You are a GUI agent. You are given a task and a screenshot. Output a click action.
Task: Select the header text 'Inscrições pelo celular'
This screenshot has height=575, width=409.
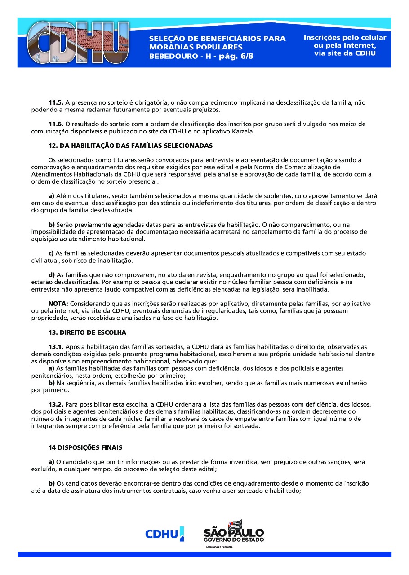coord(345,38)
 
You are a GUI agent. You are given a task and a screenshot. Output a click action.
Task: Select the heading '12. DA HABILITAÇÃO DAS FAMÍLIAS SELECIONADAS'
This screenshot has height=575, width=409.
coord(130,146)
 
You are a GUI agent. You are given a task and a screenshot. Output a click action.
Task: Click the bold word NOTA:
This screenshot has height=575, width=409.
coord(58,304)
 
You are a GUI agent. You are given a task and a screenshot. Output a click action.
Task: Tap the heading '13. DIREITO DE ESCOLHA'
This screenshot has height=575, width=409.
coord(87,333)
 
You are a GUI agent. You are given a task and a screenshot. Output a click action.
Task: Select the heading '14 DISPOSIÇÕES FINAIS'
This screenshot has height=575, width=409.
coord(85,448)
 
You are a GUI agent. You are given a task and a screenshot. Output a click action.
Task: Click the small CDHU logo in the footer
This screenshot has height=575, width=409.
coord(164,534)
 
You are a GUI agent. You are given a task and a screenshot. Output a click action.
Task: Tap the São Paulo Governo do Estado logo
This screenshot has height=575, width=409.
coord(234,531)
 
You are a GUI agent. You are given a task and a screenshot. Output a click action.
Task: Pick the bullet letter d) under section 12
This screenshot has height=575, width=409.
coord(51,275)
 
